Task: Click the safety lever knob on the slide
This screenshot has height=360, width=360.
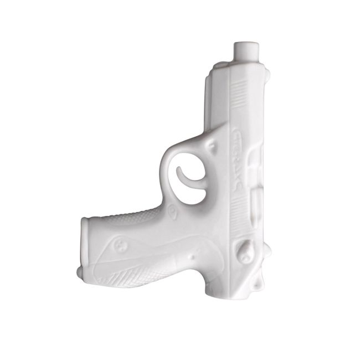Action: [244, 251]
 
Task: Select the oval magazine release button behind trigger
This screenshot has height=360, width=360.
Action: [171, 211]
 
